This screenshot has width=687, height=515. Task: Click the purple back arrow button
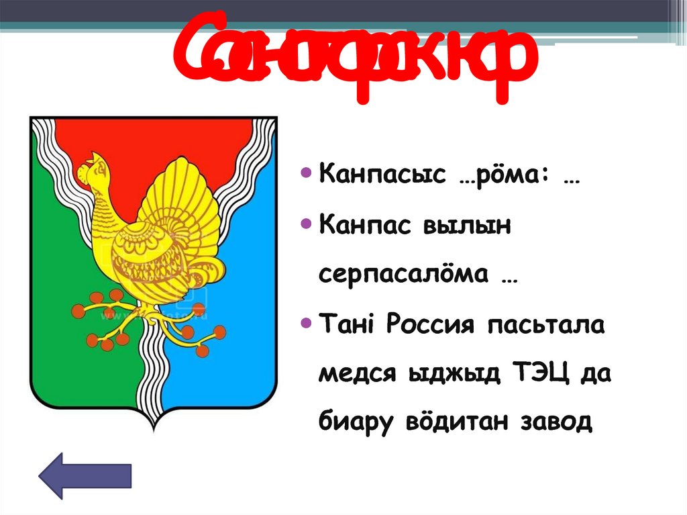pyautogui.click(x=85, y=475)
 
